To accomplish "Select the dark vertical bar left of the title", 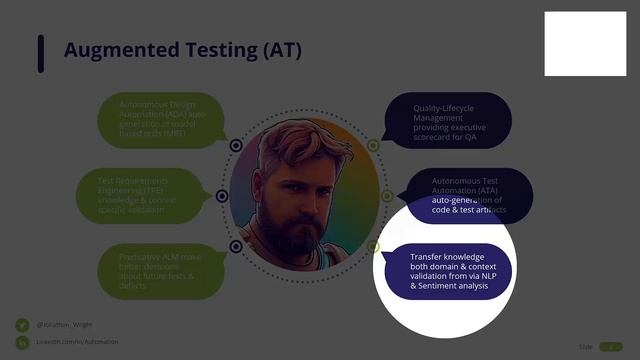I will click(41, 53).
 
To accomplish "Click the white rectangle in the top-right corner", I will click(585, 45).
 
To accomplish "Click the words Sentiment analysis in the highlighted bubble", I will click(456, 286).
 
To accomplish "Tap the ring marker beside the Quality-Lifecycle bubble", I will click(373, 146).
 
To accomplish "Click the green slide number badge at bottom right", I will click(610, 346).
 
